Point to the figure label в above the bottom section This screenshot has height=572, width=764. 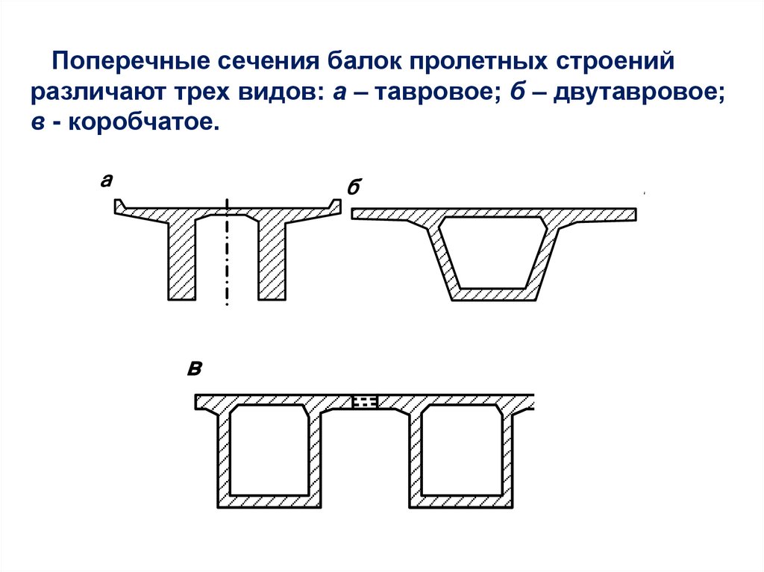[195, 370]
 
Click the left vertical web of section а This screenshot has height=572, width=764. [181, 261]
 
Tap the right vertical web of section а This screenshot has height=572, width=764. [272, 261]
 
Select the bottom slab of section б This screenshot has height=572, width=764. [493, 295]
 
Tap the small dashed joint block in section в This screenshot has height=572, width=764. [365, 402]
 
